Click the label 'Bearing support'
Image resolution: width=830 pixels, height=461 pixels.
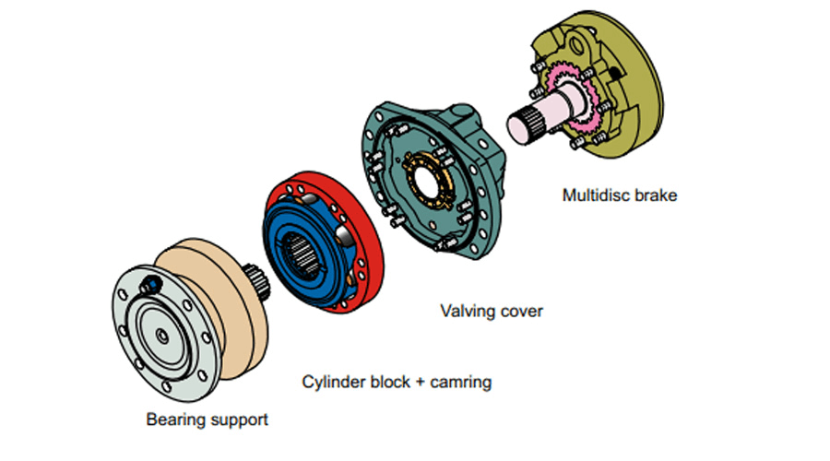click(x=207, y=420)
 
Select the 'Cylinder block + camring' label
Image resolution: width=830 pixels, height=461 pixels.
click(x=397, y=381)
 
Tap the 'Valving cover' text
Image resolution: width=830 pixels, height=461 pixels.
click(x=492, y=311)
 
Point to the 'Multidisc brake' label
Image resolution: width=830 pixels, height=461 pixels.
click(x=619, y=195)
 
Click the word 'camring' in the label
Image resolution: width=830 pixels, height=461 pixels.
click(x=459, y=381)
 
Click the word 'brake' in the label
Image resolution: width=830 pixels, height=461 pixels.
click(x=655, y=195)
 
